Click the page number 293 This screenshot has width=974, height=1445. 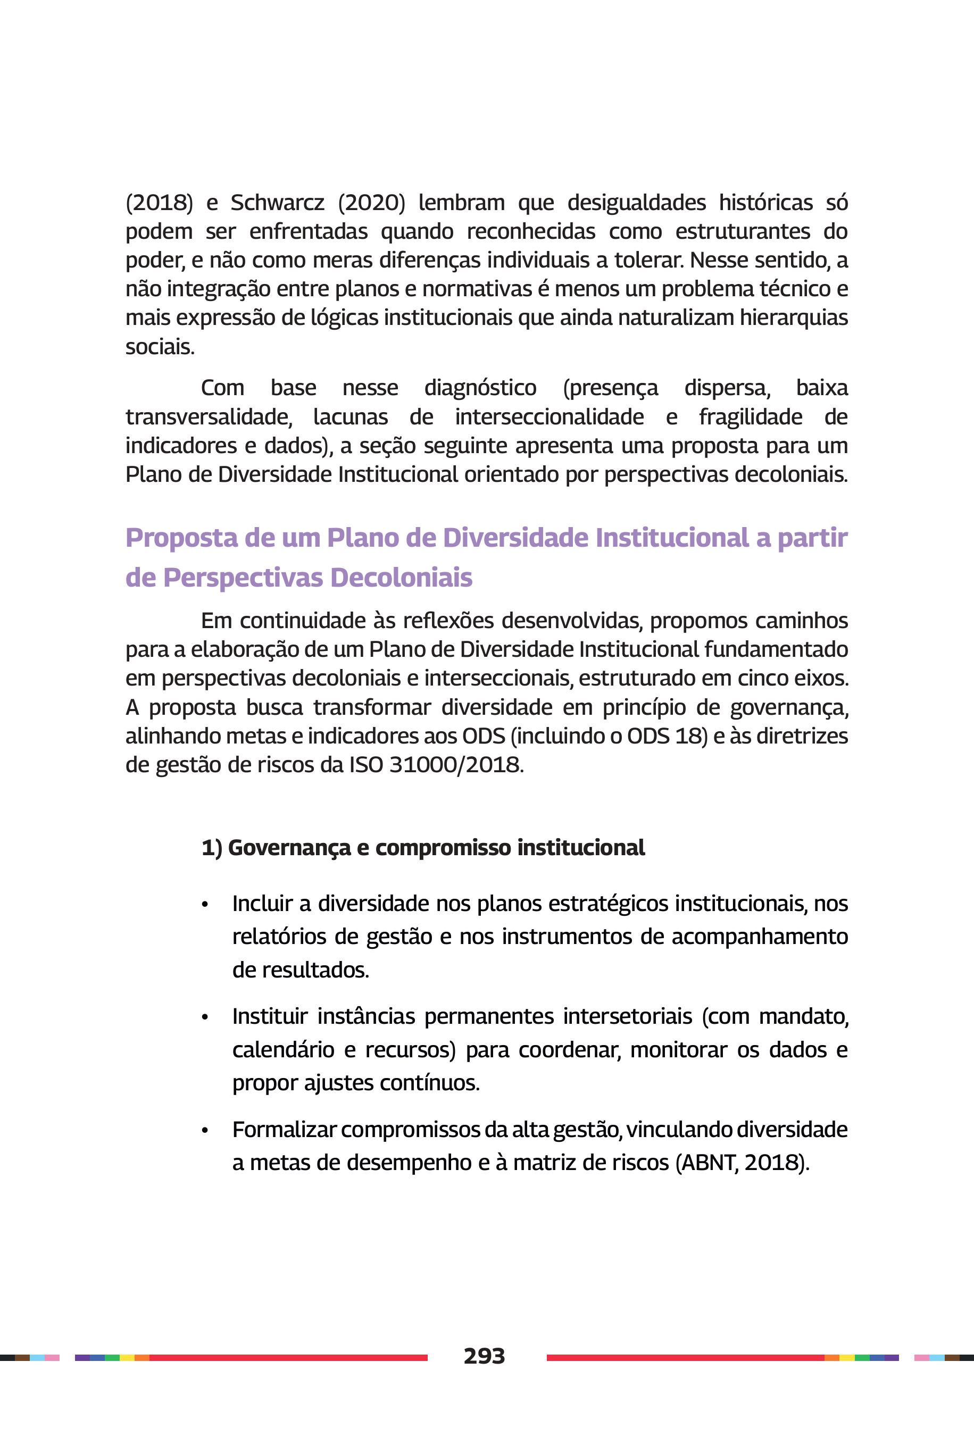coord(484,1356)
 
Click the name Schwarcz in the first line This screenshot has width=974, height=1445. coord(277,203)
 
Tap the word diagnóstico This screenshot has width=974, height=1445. coord(480,388)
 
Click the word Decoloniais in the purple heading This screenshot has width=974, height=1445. coord(401,578)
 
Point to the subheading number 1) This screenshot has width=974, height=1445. coord(211,848)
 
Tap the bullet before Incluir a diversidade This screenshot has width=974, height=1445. coord(204,905)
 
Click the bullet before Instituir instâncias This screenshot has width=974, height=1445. coord(204,1018)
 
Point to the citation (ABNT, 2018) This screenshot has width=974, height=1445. coord(742,1163)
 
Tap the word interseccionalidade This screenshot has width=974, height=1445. coord(549,416)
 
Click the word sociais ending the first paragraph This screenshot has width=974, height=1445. coord(159,347)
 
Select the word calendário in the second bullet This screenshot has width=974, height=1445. coord(283,1049)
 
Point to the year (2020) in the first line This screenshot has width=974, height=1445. coord(371,203)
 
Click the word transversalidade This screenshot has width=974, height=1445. coord(209,416)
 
